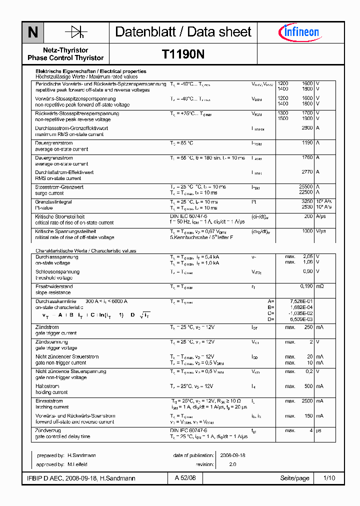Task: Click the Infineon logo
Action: pyautogui.click(x=298, y=32)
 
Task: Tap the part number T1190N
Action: pyautogui.click(x=183, y=54)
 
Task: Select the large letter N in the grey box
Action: pyautogui.click(x=33, y=32)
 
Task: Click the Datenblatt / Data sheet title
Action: pyautogui.click(x=183, y=32)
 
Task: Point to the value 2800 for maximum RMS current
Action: pyautogui.click(x=307, y=128)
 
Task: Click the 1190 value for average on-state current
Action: pyautogui.click(x=307, y=143)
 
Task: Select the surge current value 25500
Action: pyautogui.click(x=305, y=186)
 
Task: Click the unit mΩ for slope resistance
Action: pyautogui.click(x=320, y=286)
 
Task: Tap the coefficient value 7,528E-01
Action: pyautogui.click(x=301, y=301)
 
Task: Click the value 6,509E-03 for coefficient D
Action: pyautogui.click(x=301, y=318)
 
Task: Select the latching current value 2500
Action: pyautogui.click(x=306, y=401)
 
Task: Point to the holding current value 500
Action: pyautogui.click(x=308, y=386)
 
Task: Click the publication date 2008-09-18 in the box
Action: pyautogui.click(x=232, y=455)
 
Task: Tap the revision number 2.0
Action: pyautogui.click(x=232, y=464)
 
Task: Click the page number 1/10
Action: pyautogui.click(x=329, y=478)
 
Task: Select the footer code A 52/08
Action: pyautogui.click(x=185, y=478)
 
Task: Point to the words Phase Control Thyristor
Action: pyautogui.click(x=65, y=58)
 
